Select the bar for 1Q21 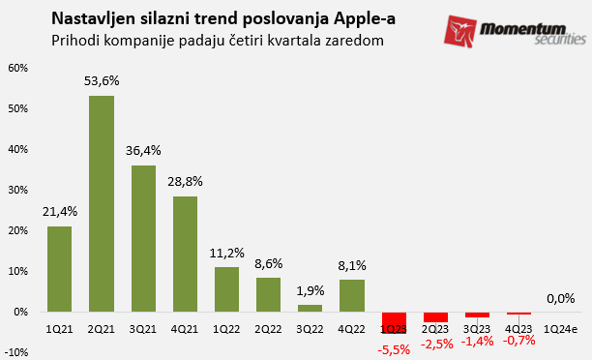(60, 269)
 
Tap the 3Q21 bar (143, 238)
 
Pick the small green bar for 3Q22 (311, 309)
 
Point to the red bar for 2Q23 (435, 317)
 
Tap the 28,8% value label (185, 182)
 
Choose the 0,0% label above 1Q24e (560, 299)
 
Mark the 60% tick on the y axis (17, 68)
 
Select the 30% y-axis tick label (17, 191)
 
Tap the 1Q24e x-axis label (560, 328)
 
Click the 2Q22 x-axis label (269, 328)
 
